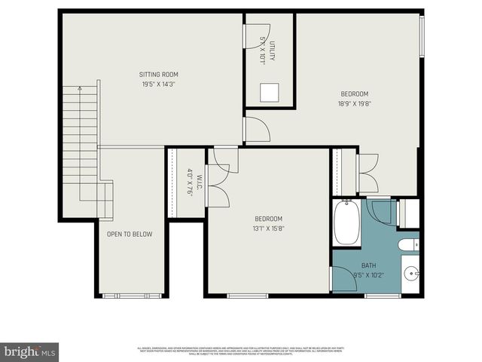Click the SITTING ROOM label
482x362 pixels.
(x=159, y=74)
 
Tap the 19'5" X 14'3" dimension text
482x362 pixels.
(x=159, y=84)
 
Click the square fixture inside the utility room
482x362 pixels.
(x=270, y=92)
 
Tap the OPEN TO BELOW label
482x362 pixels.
(x=130, y=234)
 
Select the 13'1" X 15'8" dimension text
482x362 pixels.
(x=268, y=228)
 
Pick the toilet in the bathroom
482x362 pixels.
(x=407, y=245)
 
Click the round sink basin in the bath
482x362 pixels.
(x=410, y=273)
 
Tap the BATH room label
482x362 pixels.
(x=368, y=265)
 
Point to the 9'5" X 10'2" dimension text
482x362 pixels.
(x=368, y=275)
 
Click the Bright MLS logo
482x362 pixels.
(x=30, y=351)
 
